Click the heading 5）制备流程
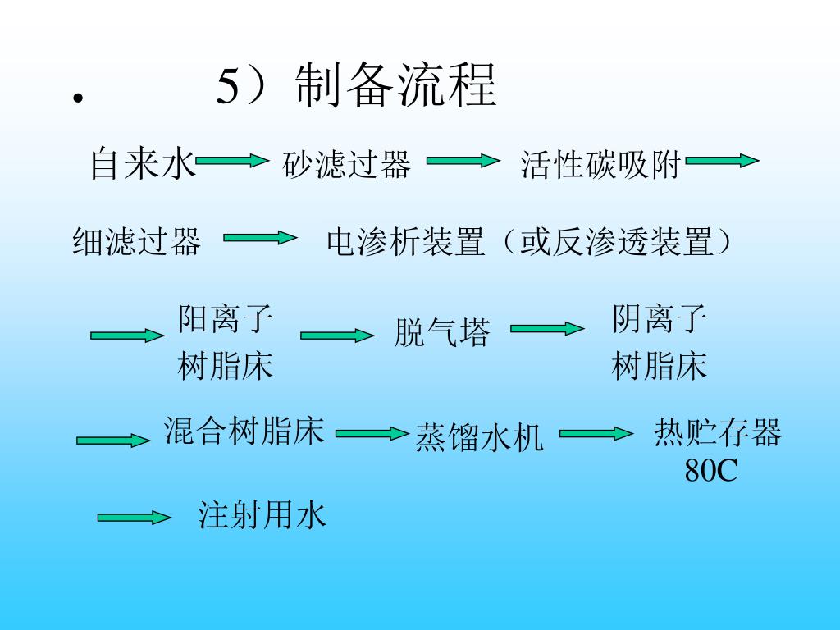(x=357, y=85)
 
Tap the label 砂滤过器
(x=346, y=165)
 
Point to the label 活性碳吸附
(x=601, y=165)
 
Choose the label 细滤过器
(x=137, y=242)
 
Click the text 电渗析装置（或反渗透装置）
(x=529, y=242)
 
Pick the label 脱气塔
(x=441, y=333)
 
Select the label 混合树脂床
(x=244, y=430)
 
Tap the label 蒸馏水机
(x=479, y=437)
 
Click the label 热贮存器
(x=718, y=432)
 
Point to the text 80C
(x=711, y=471)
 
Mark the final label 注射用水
(x=262, y=515)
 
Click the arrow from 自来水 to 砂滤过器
(x=232, y=161)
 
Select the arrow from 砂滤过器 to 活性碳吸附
(x=463, y=161)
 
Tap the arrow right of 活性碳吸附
(x=722, y=161)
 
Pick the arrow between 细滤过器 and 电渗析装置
(x=260, y=238)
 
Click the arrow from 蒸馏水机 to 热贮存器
(x=596, y=433)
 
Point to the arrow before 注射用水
(x=134, y=517)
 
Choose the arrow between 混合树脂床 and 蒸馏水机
(x=372, y=433)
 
